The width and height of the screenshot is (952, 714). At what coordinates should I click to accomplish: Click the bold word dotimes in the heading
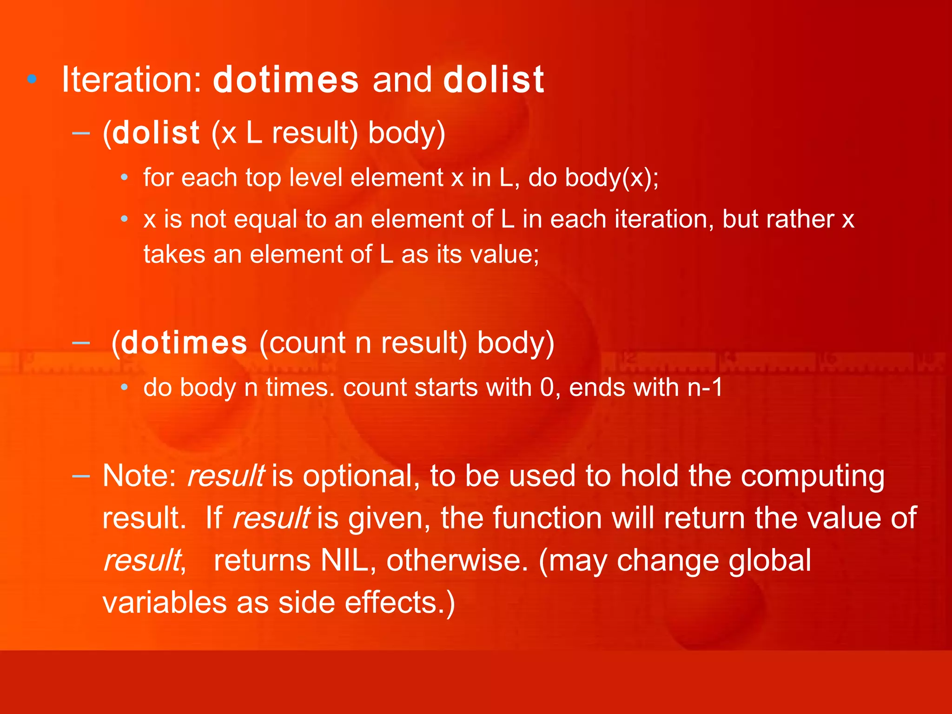tap(286, 79)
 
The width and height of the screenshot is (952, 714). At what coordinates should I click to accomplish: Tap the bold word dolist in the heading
tap(494, 79)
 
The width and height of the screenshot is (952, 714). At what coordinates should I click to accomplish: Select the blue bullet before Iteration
tap(32, 79)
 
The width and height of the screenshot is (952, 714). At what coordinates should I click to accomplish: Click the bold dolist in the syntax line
tap(156, 133)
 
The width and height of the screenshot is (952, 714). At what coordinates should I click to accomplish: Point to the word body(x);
tap(612, 178)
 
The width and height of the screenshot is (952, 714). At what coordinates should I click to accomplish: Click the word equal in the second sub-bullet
tap(265, 219)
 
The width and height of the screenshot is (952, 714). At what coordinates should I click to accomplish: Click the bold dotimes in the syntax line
tap(184, 343)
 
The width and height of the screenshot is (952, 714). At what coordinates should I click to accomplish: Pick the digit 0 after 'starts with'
tap(547, 387)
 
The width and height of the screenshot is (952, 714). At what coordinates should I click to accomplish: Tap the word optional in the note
tap(357, 477)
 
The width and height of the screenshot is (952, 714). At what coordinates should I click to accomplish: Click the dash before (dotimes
tap(81, 343)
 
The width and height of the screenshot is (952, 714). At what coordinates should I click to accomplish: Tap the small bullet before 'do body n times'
tap(124, 387)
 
